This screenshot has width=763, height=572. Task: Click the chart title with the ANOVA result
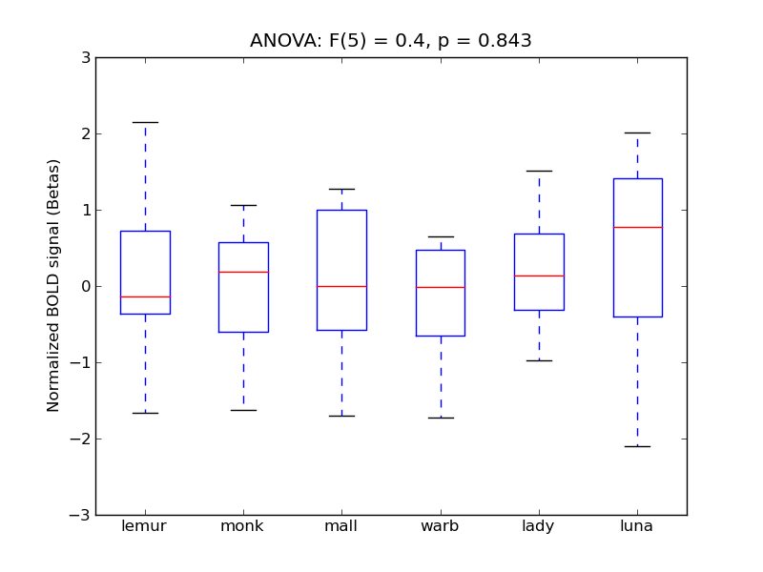pos(390,41)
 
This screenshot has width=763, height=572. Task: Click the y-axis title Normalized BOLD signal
pos(54,286)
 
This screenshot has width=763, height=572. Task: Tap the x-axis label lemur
pos(145,526)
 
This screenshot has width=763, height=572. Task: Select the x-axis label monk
pos(243,526)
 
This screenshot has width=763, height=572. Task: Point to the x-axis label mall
pos(341,526)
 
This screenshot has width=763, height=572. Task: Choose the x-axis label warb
pos(441,526)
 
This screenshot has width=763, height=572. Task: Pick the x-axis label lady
pos(539,526)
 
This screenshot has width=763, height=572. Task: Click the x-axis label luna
pos(637,526)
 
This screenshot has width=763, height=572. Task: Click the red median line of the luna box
pos(637,227)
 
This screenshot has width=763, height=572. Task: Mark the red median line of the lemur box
pos(145,296)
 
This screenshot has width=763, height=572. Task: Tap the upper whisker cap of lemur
pos(145,122)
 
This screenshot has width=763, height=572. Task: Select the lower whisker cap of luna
pos(637,446)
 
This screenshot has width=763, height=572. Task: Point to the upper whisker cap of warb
pos(441,236)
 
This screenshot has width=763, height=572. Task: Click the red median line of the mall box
pos(341,286)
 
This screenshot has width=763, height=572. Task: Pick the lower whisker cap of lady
pos(539,360)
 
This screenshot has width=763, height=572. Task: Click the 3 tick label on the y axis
pos(86,58)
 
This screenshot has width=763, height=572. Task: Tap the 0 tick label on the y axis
pos(86,287)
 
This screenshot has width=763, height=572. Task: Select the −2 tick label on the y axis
pos(82,439)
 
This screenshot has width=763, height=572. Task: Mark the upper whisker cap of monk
pos(243,205)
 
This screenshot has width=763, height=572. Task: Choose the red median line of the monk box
pos(243,272)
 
